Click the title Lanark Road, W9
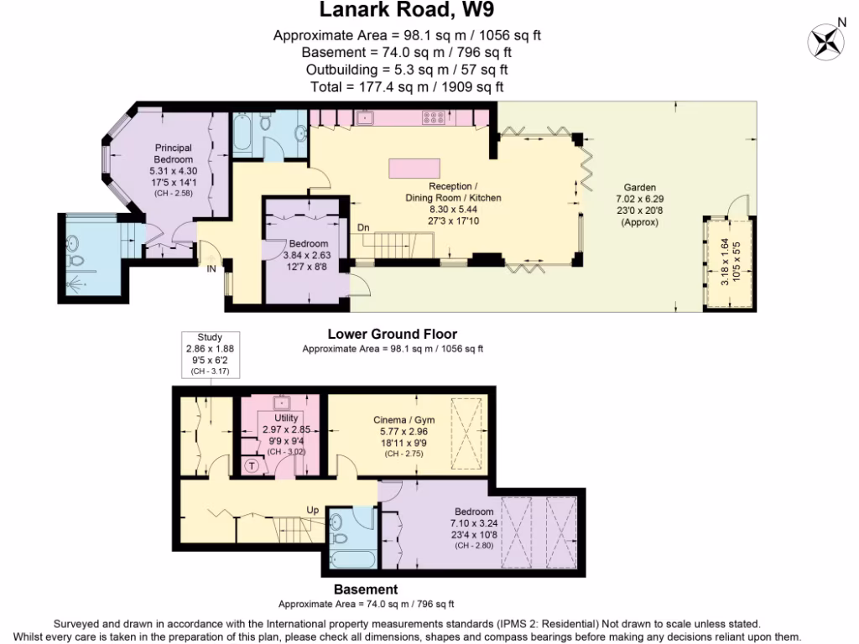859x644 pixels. click(x=413, y=12)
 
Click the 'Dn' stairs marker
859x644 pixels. click(x=363, y=227)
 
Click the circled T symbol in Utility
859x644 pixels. click(x=251, y=465)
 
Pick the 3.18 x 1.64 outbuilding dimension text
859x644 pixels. click(x=726, y=261)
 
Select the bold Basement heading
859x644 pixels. click(x=366, y=589)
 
